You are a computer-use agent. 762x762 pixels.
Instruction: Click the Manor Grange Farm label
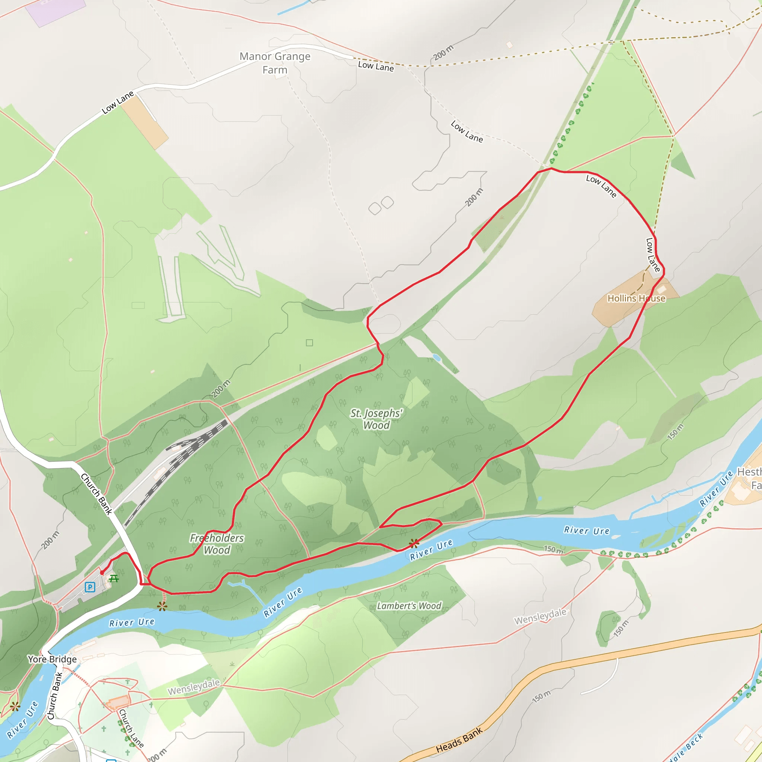coord(275,63)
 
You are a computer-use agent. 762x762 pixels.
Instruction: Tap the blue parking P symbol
coord(90,587)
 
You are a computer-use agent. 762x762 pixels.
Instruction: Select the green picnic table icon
coord(113,579)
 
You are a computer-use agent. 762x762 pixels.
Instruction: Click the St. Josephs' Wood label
coord(376,419)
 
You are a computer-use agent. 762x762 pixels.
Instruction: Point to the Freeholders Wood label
coord(217,544)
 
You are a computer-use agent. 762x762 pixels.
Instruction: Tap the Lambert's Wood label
coord(409,606)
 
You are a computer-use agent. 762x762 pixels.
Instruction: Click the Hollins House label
coord(636,298)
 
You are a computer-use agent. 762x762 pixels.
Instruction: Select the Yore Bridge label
coord(52,659)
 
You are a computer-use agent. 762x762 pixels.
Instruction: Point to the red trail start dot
coord(102,573)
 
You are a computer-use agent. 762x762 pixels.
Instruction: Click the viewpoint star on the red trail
coord(414,544)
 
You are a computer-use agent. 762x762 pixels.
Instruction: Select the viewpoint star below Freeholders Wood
coord(162,606)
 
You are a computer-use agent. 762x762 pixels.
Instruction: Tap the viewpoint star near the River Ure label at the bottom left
coord(15,707)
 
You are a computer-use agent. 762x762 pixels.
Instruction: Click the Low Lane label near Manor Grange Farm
coord(375,66)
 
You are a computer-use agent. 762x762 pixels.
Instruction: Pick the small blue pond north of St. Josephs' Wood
coord(436,358)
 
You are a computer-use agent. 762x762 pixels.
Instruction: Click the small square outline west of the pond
coord(310,343)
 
